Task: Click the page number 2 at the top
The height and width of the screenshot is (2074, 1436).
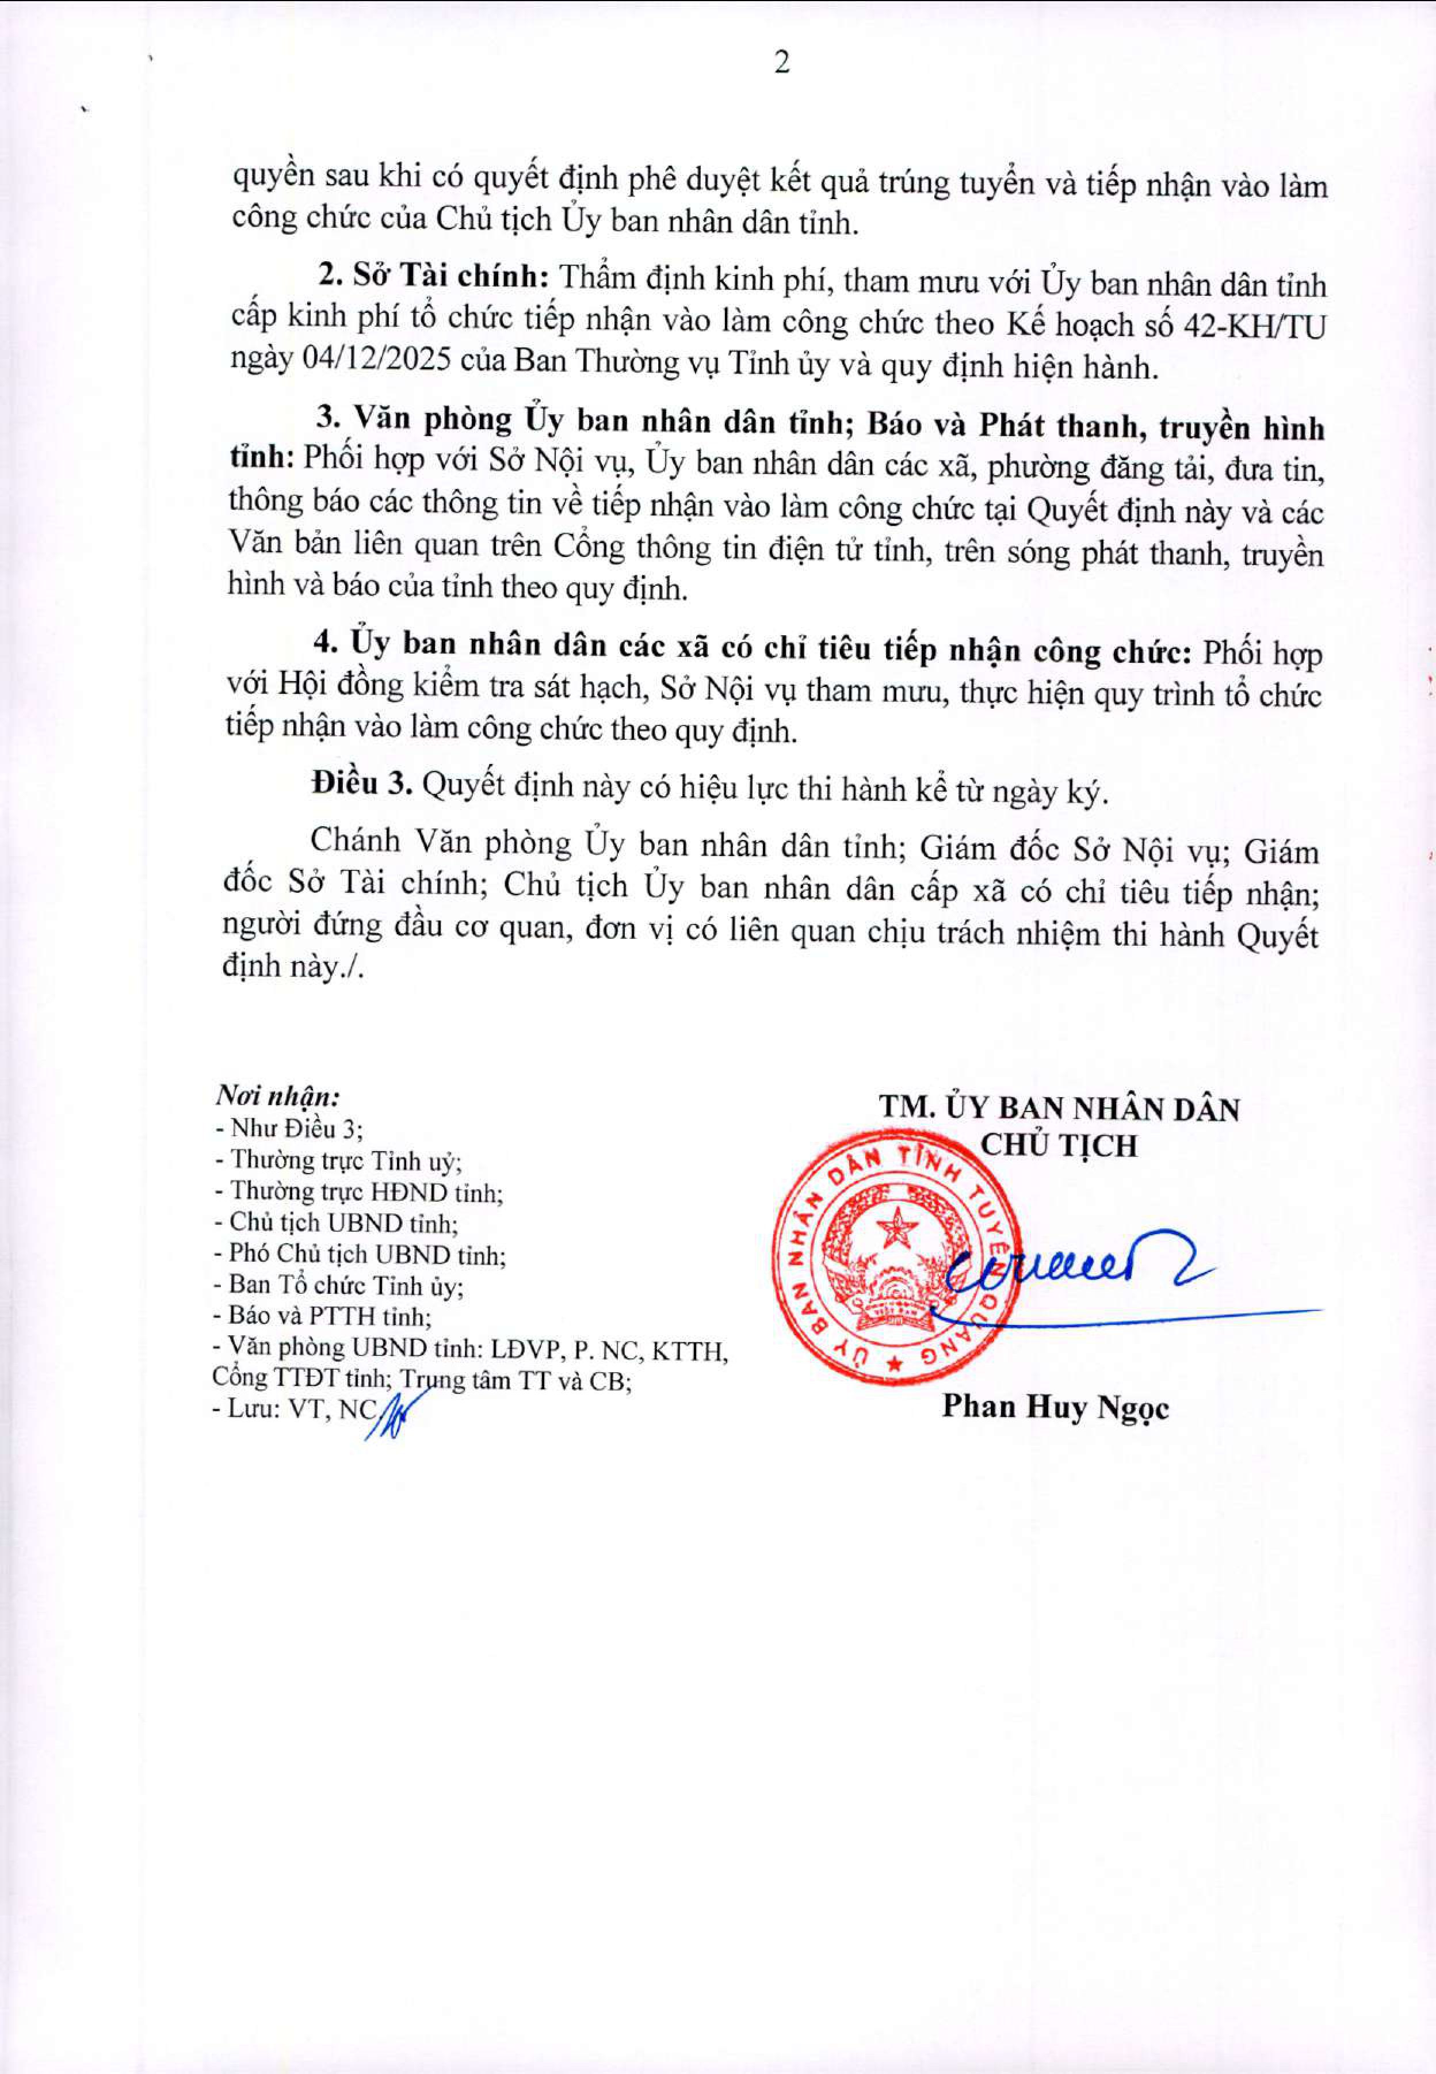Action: coord(781,63)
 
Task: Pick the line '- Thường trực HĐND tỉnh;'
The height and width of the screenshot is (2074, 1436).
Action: coord(358,1191)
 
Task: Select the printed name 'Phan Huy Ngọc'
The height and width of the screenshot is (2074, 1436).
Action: coord(1055,1407)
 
